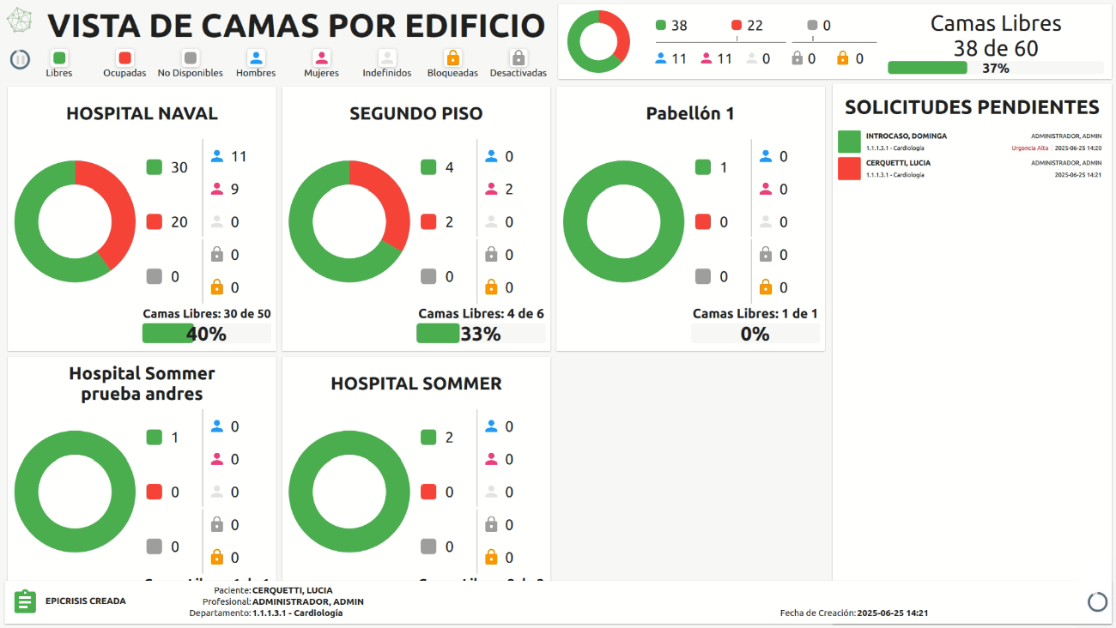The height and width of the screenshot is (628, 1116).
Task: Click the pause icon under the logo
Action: [x=20, y=59]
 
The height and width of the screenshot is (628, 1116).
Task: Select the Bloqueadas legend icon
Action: [x=452, y=58]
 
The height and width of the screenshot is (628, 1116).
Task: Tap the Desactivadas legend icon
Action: [x=518, y=58]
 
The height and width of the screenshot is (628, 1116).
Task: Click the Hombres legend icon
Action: [x=256, y=58]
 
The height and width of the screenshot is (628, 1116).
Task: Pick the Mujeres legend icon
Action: [x=321, y=58]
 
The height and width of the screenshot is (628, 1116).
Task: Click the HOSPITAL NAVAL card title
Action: [x=142, y=113]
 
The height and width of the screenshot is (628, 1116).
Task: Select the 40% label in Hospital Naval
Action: [x=206, y=334]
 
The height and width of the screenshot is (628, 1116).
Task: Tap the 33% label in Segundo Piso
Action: [x=481, y=334]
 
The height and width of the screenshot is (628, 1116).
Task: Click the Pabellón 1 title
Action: [x=690, y=113]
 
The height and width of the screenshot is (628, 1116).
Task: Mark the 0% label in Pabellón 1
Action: [x=755, y=334]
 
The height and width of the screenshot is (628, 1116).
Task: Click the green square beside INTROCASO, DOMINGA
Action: [x=849, y=142]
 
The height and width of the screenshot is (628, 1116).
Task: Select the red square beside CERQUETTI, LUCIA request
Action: [x=849, y=168]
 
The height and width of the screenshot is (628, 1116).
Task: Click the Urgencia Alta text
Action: [x=1029, y=148]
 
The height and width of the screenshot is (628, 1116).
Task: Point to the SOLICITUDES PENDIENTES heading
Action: [x=972, y=107]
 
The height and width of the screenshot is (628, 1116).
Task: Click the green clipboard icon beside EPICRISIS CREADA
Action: [x=25, y=601]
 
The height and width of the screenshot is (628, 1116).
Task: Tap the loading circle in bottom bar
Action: [x=1097, y=601]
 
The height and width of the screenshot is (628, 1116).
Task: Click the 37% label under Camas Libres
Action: [x=996, y=69]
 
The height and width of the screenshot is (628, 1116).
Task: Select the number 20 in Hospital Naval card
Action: [x=179, y=222]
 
